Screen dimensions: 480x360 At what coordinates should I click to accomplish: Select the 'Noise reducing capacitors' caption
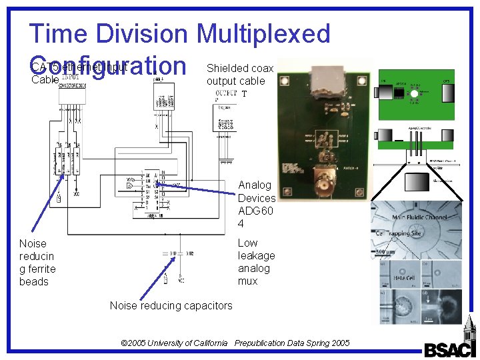tap(171, 305)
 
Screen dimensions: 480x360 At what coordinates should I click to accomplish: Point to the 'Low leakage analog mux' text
tap(256, 262)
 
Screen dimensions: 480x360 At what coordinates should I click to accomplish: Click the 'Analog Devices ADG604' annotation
tap(256, 204)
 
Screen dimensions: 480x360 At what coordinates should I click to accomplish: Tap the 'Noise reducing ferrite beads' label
tap(37, 263)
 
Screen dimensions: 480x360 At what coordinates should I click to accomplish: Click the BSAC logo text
tap(449, 350)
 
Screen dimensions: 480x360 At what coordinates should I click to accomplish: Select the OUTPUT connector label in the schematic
tap(225, 94)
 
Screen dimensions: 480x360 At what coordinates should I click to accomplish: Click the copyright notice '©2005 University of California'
tap(174, 343)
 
